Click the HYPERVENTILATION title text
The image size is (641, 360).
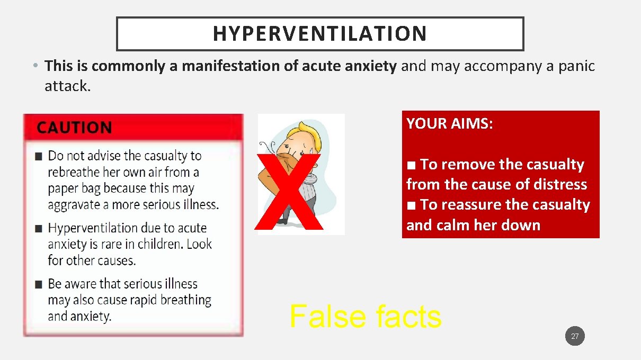319,33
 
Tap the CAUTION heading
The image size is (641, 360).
74,128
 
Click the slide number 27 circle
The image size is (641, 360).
575,336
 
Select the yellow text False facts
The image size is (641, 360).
365,317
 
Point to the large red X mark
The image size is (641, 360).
289,192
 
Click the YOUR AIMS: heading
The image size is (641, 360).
450,124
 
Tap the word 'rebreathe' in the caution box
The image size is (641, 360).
72,172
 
